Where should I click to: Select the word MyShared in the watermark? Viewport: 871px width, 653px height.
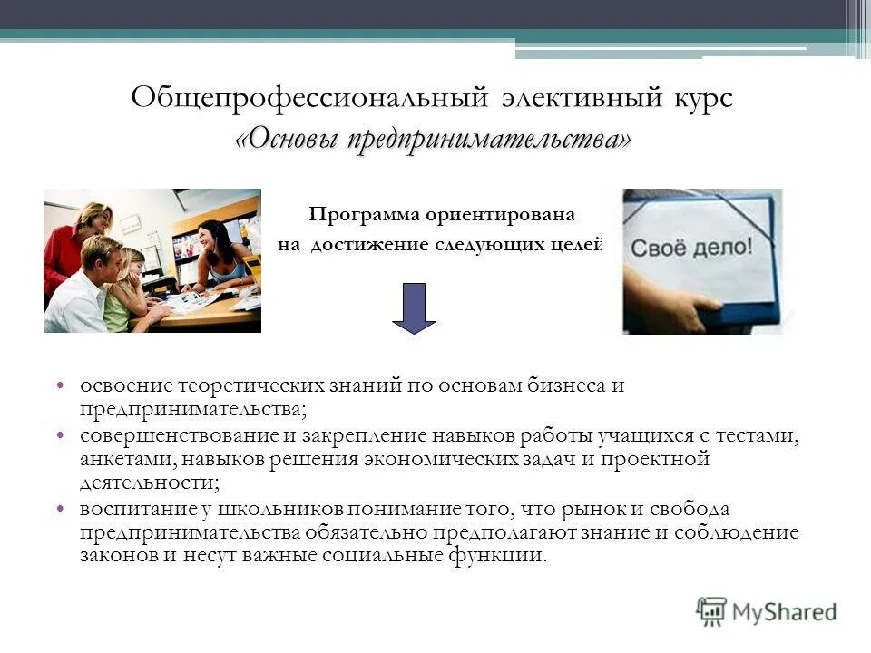coord(784,612)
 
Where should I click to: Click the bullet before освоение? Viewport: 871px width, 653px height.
coord(60,385)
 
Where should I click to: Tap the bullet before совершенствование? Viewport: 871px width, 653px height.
coord(60,436)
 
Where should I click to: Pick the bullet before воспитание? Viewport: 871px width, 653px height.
coord(60,509)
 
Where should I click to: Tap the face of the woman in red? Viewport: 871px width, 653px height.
coord(93,218)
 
